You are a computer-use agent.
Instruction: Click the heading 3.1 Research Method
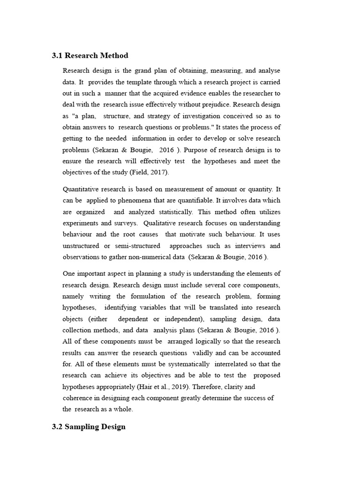tap(90, 56)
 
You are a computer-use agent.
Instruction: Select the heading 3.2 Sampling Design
tap(89, 427)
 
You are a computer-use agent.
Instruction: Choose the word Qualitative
tap(165, 223)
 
